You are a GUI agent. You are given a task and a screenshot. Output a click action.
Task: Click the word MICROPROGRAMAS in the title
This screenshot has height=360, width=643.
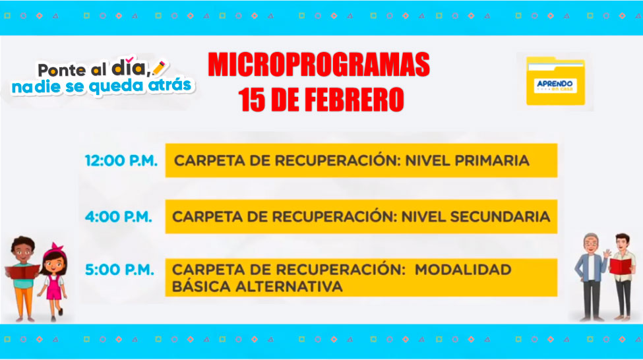coord(319,65)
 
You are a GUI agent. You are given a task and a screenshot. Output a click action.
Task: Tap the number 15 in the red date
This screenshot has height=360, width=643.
coord(252,100)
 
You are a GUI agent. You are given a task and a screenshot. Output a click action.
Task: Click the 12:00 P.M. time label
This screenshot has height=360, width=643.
coord(121,160)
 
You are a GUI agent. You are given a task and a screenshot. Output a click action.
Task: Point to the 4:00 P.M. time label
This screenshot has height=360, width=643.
coord(119,216)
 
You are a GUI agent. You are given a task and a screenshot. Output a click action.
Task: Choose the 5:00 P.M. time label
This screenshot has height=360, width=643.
coord(119,270)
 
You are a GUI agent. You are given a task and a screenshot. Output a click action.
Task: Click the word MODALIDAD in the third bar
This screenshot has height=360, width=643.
coord(463,270)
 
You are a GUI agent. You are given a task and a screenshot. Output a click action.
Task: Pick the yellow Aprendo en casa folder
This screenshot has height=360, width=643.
coord(556,81)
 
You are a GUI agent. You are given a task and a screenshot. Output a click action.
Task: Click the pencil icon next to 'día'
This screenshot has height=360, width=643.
coord(159,68)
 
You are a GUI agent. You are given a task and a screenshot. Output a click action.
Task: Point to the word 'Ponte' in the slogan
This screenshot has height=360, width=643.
coord(63,70)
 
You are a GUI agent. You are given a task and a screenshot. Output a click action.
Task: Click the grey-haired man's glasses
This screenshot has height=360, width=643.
coord(590,243)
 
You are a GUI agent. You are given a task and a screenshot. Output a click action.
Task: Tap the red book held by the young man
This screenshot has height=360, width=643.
coord(620,266)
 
